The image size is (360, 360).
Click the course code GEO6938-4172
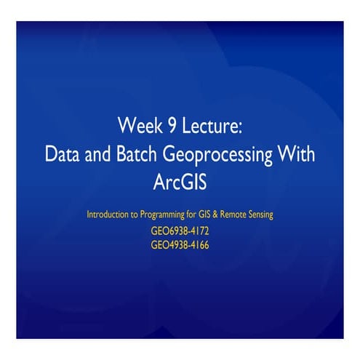(180, 231)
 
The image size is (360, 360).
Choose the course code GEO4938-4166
(180, 245)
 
